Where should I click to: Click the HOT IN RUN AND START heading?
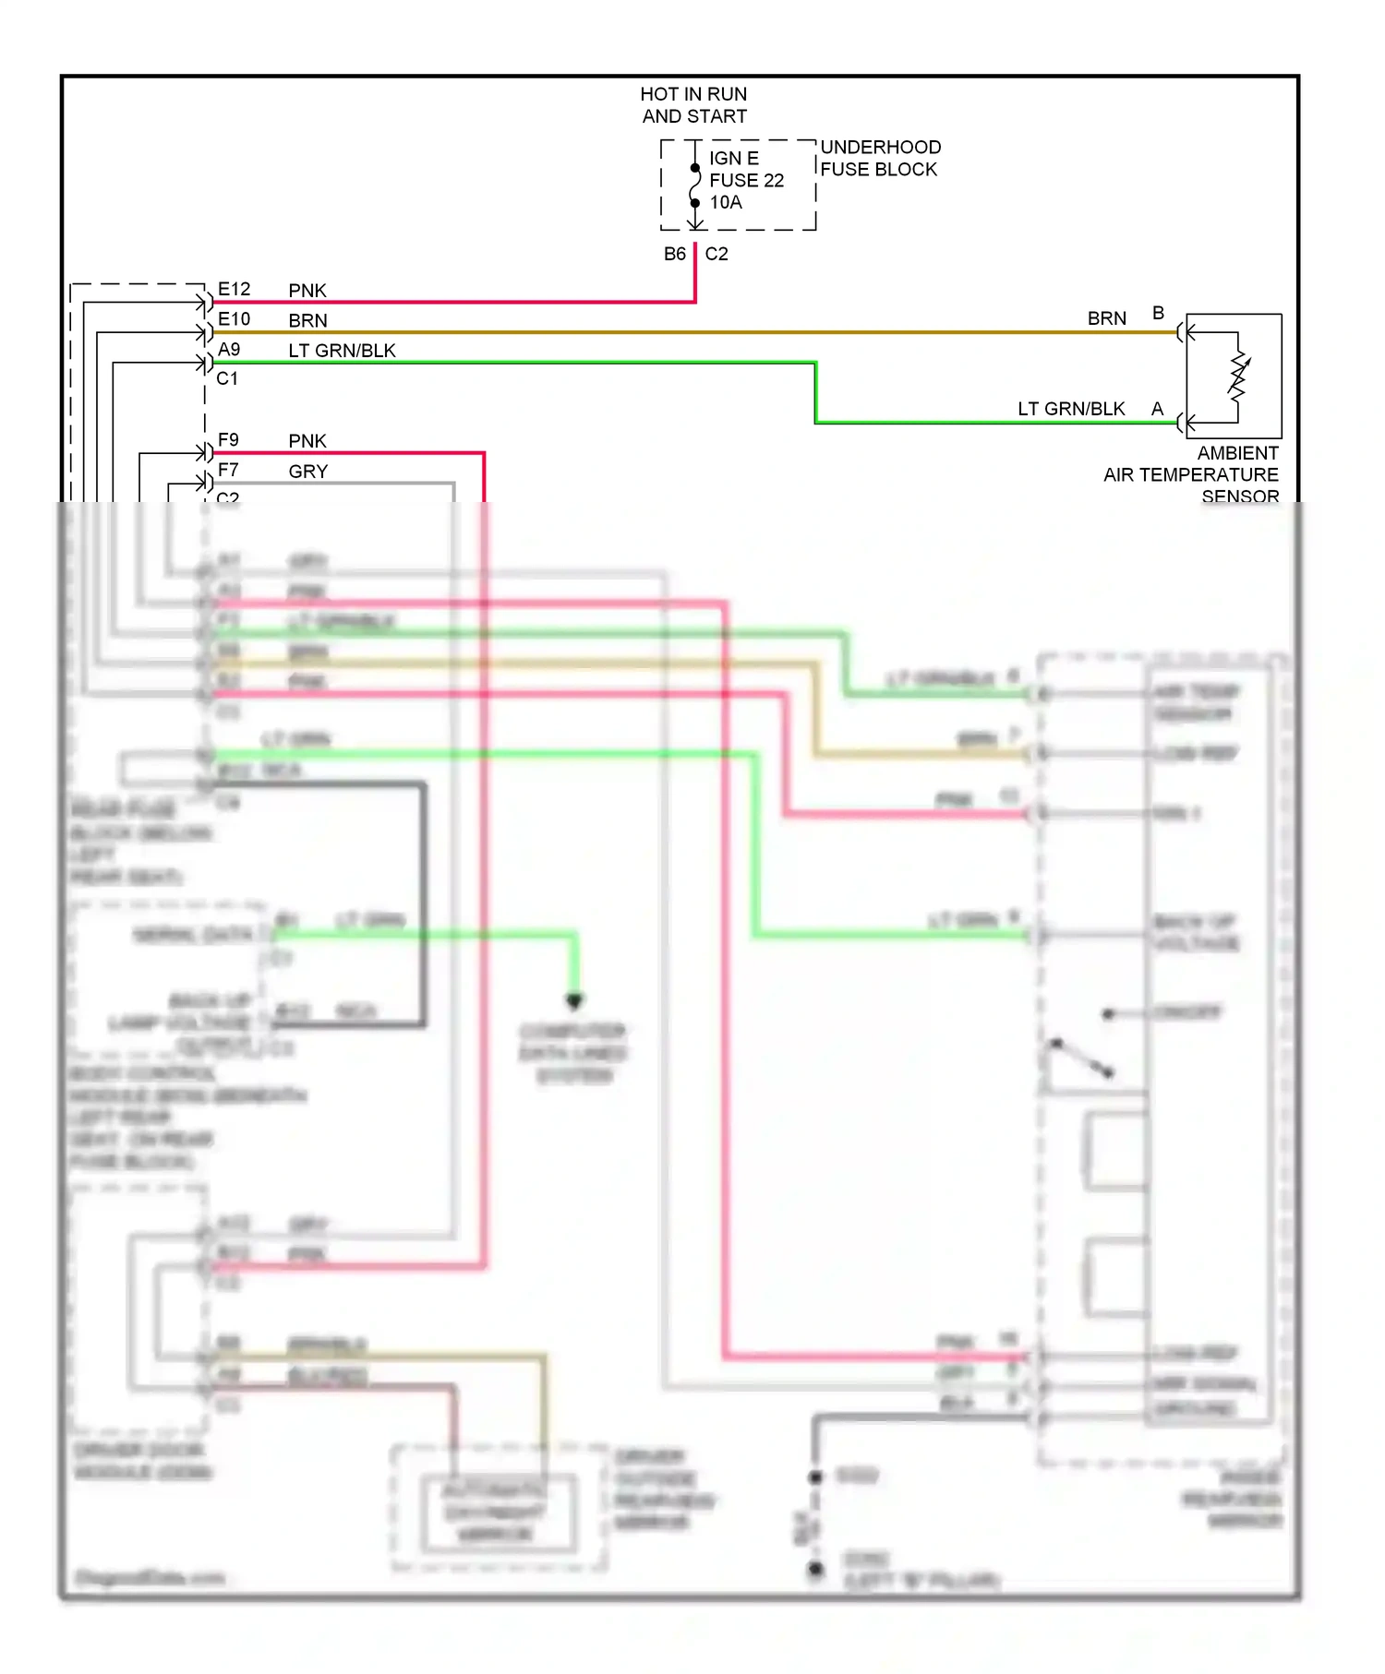pyautogui.click(x=693, y=105)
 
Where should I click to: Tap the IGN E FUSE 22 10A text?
pyautogui.click(x=746, y=180)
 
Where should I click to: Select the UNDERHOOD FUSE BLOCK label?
pyautogui.click(x=880, y=158)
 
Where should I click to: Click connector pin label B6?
pyautogui.click(x=675, y=254)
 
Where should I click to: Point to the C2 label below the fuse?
pyautogui.click(x=717, y=254)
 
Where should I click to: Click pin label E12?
pyautogui.click(x=234, y=289)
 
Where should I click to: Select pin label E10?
pyautogui.click(x=234, y=318)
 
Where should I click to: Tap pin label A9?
pyautogui.click(x=229, y=349)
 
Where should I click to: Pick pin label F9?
pyautogui.click(x=228, y=439)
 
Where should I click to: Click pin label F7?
pyautogui.click(x=228, y=469)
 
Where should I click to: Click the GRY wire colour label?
pyautogui.click(x=308, y=471)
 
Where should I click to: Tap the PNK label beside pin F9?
pyautogui.click(x=307, y=441)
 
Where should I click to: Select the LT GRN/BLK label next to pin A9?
pyautogui.click(x=342, y=351)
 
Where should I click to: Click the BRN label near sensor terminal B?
pyautogui.click(x=1106, y=318)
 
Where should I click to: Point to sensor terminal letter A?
pyautogui.click(x=1157, y=408)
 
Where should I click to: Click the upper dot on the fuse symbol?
pyautogui.click(x=694, y=168)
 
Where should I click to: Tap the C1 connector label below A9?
pyautogui.click(x=227, y=378)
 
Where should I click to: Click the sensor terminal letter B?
pyautogui.click(x=1158, y=313)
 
